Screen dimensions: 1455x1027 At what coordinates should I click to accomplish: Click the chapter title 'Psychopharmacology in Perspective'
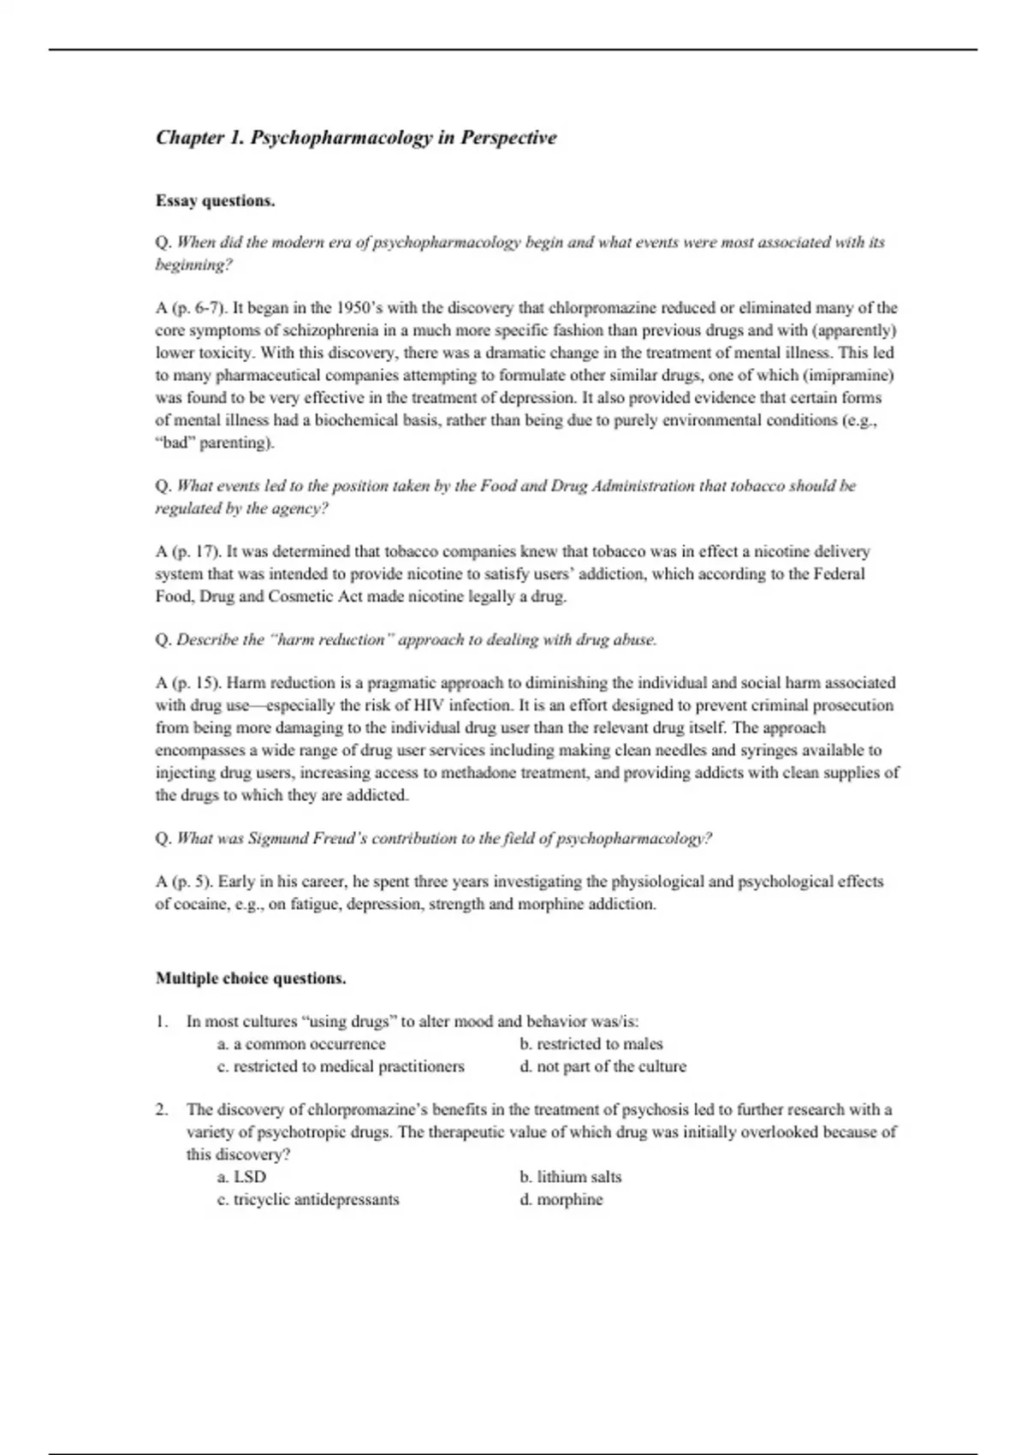click(403, 138)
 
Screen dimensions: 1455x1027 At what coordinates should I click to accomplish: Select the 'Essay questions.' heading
click(215, 201)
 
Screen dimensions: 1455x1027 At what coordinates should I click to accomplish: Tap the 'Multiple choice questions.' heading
click(251, 978)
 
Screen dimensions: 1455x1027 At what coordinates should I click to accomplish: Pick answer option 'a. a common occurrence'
click(301, 1044)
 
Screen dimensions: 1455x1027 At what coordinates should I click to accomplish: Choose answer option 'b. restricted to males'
click(591, 1044)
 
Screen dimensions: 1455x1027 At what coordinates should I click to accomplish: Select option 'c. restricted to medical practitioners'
click(341, 1066)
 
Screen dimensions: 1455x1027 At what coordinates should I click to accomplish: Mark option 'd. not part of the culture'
click(603, 1066)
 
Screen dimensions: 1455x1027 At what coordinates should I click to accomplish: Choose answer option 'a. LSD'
click(241, 1177)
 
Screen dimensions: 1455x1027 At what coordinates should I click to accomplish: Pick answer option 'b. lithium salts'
click(570, 1177)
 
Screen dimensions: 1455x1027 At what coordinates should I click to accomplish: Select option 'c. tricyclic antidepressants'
click(308, 1199)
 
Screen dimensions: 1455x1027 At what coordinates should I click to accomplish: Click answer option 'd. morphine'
click(561, 1199)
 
